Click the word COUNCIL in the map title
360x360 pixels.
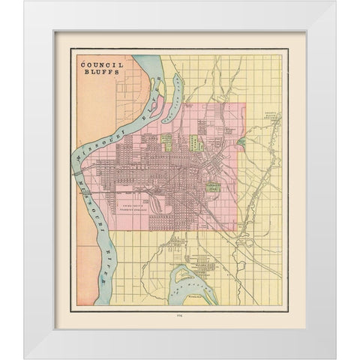pos(101,65)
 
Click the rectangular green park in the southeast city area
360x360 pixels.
pos(214,187)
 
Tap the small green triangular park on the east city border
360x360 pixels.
pos(241,141)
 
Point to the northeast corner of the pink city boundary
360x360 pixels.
pos(238,104)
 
